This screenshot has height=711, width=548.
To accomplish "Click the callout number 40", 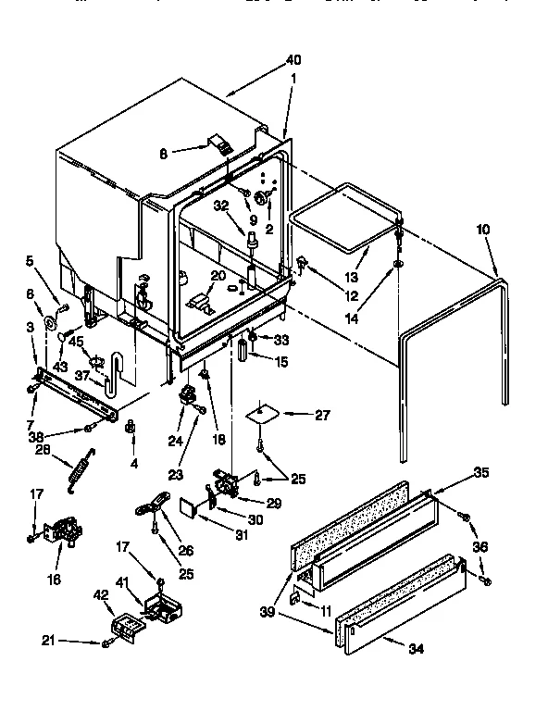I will [293, 60].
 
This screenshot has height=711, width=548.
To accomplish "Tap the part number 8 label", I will [165, 155].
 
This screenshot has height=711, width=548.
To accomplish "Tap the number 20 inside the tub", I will [218, 275].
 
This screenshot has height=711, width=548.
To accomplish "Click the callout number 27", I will [322, 415].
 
